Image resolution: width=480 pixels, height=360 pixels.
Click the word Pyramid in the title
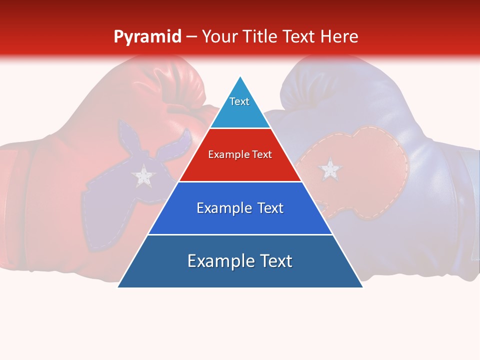tap(147, 37)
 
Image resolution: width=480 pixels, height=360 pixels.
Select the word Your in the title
tap(221, 37)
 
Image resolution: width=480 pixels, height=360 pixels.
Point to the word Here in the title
tap(339, 37)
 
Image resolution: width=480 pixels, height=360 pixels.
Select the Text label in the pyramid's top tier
tap(239, 101)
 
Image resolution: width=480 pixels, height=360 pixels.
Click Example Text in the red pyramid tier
tap(240, 154)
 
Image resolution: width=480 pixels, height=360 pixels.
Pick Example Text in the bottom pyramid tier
tap(240, 261)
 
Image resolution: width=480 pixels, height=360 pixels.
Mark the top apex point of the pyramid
tap(240, 76)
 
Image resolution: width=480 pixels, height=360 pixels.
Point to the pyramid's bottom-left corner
tap(118, 287)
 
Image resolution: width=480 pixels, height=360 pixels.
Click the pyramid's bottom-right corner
tap(362, 287)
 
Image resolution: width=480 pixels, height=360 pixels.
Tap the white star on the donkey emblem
tap(144, 175)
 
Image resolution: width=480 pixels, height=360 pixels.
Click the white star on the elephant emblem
tap(329, 169)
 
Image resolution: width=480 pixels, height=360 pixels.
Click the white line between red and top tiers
tap(240, 128)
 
